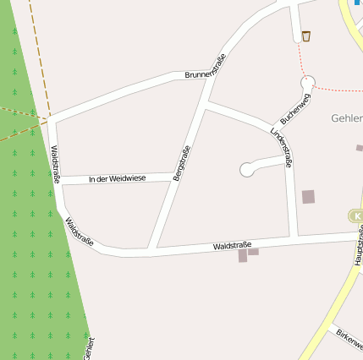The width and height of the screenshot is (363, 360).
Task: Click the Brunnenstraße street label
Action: [x=206, y=68]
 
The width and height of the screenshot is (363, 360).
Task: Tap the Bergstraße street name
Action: [x=181, y=164]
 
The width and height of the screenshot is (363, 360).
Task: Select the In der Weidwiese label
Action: [x=117, y=178]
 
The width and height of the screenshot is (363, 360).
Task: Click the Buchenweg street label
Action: [x=296, y=109]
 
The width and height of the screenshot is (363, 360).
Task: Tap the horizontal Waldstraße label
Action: [x=233, y=245]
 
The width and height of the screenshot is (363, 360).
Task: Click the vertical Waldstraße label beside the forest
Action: [x=55, y=164]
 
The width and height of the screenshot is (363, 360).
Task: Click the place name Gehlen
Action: [x=347, y=118]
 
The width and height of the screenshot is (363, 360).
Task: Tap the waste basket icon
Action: [x=305, y=35]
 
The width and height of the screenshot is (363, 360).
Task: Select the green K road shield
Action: [x=355, y=216]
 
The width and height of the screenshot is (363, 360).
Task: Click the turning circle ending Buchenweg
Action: [x=308, y=82]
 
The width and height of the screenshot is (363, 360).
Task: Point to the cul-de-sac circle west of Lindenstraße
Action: [x=247, y=170]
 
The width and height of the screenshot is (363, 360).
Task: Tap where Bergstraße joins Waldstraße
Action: [x=152, y=249]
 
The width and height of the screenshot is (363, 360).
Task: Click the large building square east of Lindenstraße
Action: [x=308, y=197]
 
